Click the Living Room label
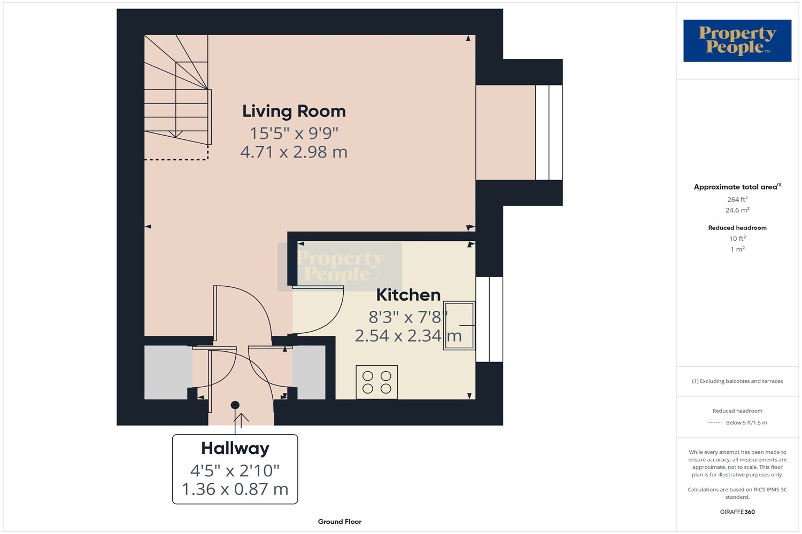(294, 111)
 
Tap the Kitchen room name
(408, 295)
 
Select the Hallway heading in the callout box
(235, 449)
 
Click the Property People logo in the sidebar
(737, 41)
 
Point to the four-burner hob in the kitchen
(376, 382)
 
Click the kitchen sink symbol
(459, 326)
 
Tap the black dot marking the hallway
(235, 405)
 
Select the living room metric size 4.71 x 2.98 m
(294, 152)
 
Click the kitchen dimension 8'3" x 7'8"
(408, 317)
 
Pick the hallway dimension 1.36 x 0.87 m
(235, 489)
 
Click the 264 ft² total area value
(737, 199)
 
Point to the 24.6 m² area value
(737, 210)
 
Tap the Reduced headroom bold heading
(737, 228)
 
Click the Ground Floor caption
(340, 522)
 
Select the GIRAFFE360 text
(737, 512)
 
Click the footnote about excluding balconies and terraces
(737, 381)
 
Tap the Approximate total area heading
(737, 187)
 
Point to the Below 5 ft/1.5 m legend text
(746, 423)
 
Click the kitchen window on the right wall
(489, 319)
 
